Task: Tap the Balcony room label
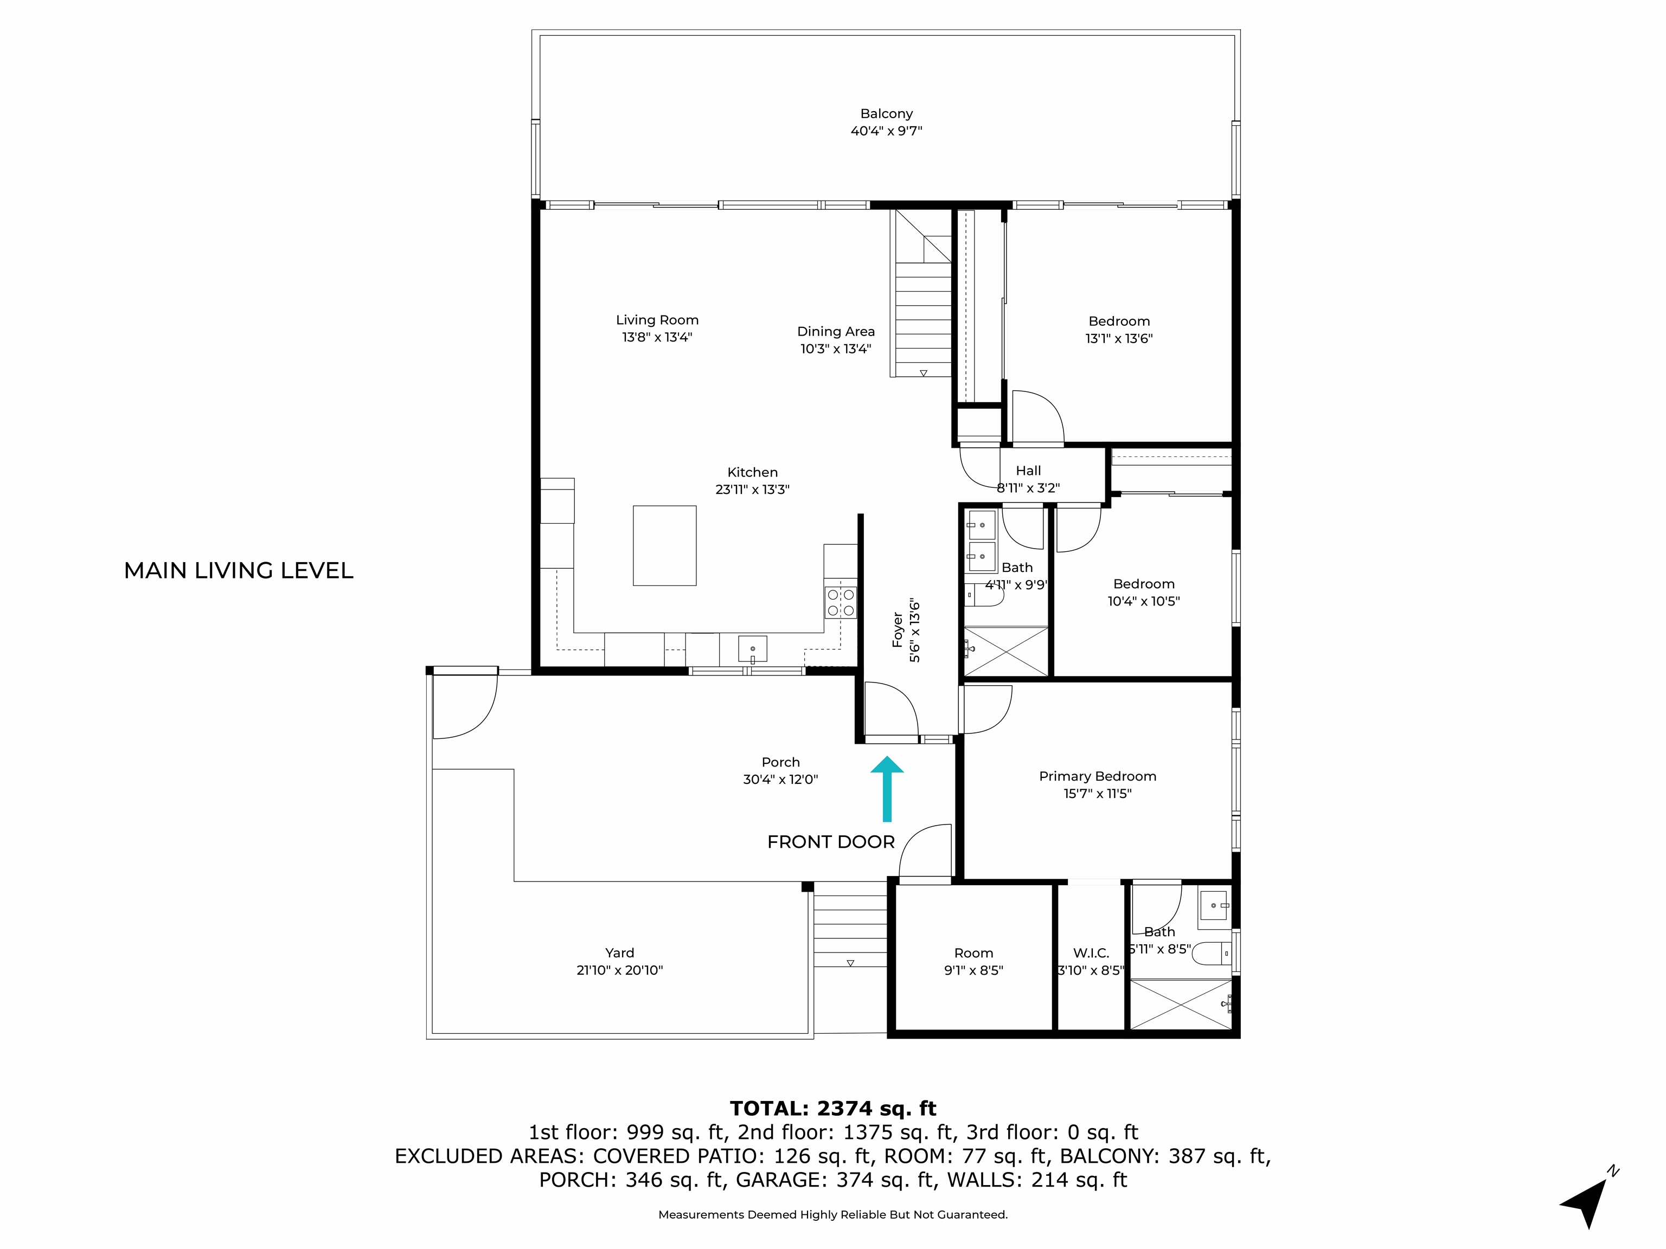click(x=887, y=114)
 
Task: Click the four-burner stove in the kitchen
click(x=841, y=602)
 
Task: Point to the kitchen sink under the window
click(x=752, y=649)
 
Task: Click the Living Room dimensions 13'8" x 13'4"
click(x=657, y=337)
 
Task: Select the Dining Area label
click(x=836, y=331)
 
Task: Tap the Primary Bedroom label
click(x=1097, y=776)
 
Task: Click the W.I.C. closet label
click(x=1091, y=953)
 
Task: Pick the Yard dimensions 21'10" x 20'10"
click(x=619, y=970)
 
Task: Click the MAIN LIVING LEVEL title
click(x=238, y=571)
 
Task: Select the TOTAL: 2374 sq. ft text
click(x=832, y=1108)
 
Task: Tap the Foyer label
click(x=897, y=630)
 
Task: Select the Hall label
click(x=1028, y=471)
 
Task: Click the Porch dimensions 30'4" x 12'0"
click(x=780, y=779)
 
